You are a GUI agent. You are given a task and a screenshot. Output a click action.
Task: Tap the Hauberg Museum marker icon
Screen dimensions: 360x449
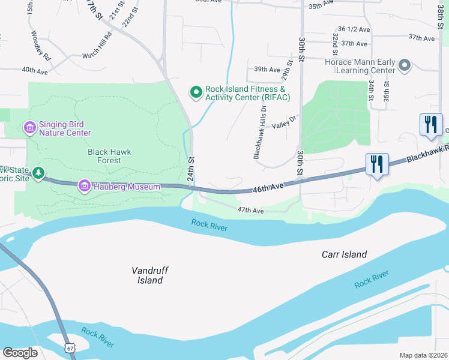85,187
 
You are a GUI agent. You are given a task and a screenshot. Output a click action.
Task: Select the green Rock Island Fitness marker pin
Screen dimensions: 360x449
196,92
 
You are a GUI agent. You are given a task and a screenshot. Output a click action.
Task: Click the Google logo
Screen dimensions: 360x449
20,353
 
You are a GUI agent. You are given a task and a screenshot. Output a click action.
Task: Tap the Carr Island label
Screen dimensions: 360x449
344,254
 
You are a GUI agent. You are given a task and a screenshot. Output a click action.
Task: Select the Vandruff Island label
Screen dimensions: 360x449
147,275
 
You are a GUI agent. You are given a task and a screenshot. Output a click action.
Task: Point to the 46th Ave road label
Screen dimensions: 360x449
268,187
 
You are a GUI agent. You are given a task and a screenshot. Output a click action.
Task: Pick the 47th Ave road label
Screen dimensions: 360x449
250,211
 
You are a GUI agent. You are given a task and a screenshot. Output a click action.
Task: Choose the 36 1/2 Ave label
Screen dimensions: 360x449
352,29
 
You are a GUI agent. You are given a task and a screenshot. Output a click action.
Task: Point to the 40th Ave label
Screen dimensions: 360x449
35,71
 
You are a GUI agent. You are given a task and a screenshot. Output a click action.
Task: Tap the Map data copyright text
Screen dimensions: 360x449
423,355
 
